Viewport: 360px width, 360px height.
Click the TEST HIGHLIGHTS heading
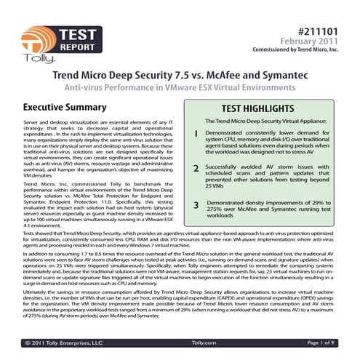point(265,107)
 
